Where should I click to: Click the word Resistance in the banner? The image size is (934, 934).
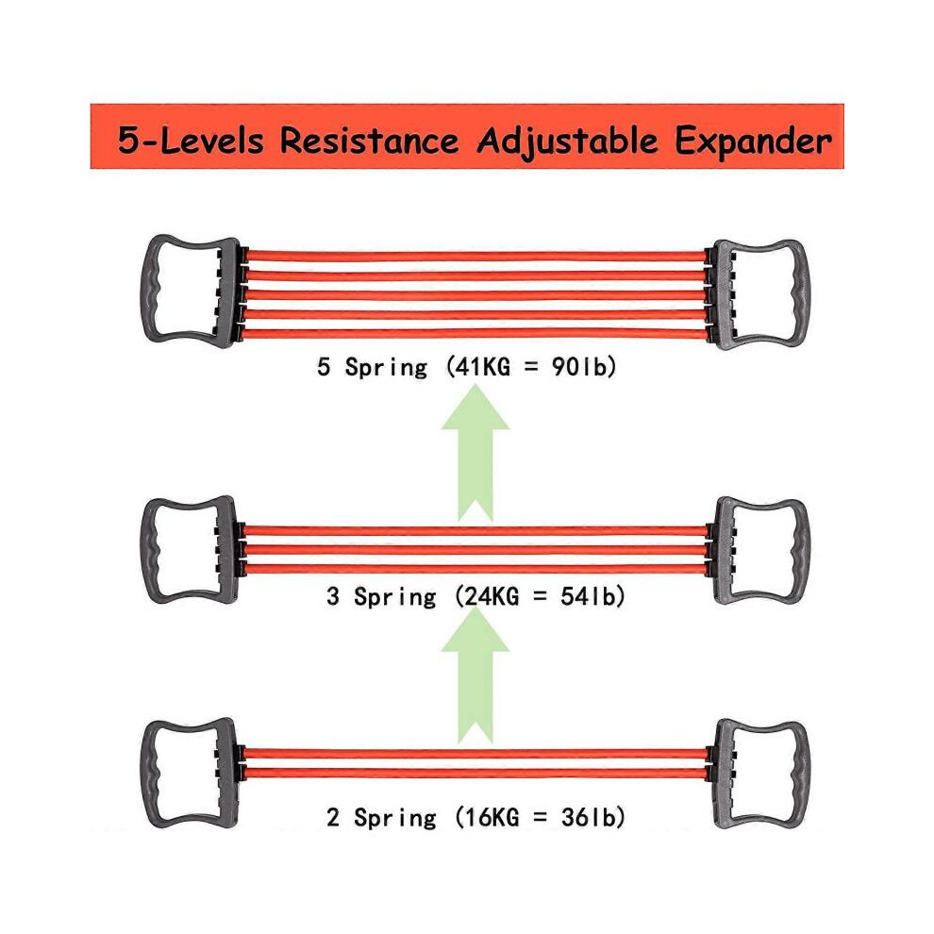click(x=369, y=141)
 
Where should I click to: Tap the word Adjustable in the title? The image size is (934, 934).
click(x=568, y=142)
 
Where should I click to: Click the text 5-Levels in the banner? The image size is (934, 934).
click(x=191, y=141)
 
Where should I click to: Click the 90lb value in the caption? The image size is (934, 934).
click(x=578, y=366)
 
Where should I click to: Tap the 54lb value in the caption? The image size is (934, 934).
click(x=588, y=595)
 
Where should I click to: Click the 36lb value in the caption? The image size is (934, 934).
click(x=588, y=817)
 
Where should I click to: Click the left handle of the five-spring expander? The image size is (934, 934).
click(x=150, y=292)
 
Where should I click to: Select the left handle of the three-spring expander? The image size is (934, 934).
click(x=150, y=550)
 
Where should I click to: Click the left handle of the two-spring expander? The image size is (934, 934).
click(x=150, y=772)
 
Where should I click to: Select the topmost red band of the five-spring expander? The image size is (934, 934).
click(x=475, y=256)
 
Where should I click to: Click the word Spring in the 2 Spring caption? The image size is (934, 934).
click(x=395, y=818)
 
